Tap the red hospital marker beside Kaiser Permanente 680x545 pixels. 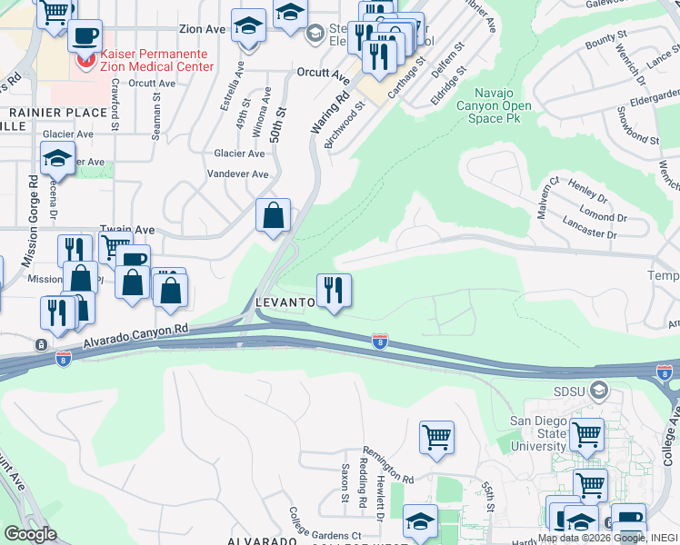point(85,62)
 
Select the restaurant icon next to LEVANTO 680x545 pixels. point(334,291)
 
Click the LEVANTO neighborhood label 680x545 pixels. point(285,301)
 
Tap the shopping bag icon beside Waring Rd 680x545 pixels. point(273,216)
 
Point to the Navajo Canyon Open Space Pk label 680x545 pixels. point(499,105)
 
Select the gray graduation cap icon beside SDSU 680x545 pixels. point(598,391)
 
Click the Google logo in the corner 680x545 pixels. point(30,533)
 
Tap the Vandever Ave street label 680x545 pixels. point(238,173)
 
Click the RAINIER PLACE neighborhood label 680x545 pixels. point(45,112)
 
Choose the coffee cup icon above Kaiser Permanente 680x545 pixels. point(85,36)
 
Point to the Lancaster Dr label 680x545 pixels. point(588,233)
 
